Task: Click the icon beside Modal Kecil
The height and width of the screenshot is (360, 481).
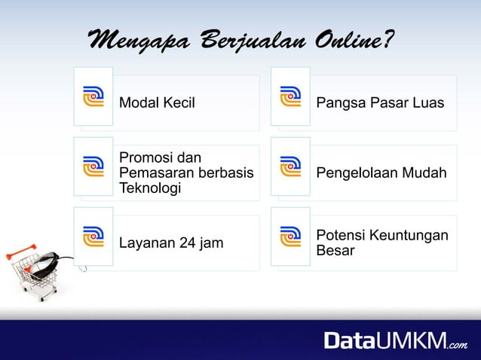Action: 93,96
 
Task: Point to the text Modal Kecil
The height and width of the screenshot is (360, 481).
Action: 157,102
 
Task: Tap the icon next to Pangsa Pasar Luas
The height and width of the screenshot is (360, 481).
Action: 290,96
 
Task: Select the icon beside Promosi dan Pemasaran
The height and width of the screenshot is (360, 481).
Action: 93,166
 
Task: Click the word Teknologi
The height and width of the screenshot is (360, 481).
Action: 150,188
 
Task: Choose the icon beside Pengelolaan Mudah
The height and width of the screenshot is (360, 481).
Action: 290,166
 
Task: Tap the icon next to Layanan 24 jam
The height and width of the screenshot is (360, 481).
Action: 93,236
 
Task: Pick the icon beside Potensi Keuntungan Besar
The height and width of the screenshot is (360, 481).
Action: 290,236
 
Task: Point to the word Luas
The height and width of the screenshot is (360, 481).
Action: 430,102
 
